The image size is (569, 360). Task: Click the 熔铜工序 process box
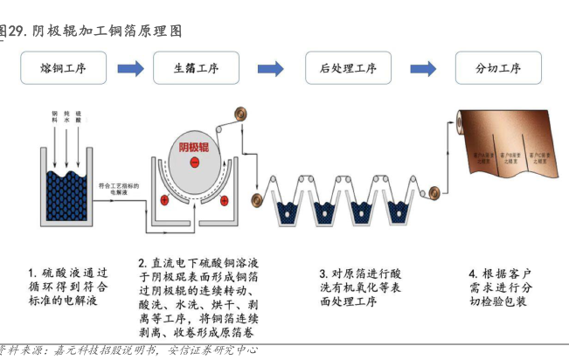coord(65,68)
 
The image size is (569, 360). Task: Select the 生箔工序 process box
coord(196,68)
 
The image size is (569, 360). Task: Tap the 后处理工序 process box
coord(348,68)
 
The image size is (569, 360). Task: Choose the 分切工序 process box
coord(497,68)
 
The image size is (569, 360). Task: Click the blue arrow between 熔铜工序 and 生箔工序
coord(130,68)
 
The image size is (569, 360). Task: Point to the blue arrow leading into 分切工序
coord(423,68)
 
